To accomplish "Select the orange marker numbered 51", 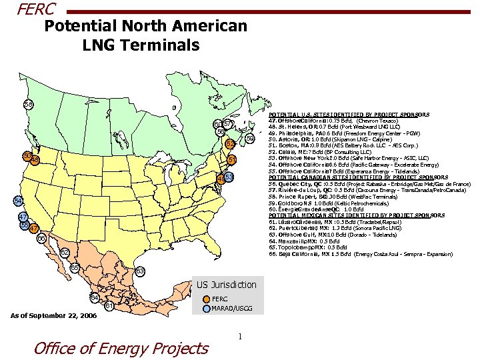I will [x=232, y=160].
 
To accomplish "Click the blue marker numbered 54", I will [x=18, y=201].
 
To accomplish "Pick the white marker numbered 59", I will [x=249, y=138].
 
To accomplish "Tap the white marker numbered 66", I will [x=41, y=239].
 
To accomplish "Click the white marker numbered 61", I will [x=107, y=306].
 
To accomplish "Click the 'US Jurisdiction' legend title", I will [x=226, y=285].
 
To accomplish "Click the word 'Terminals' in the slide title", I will [x=165, y=45].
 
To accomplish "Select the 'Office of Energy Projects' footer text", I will [x=121, y=347].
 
